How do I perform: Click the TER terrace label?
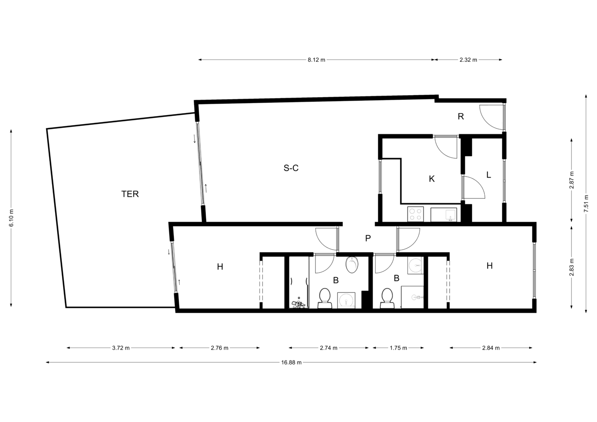130,194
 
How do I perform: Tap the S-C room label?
291,168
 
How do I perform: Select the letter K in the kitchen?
432,179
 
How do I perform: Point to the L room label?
489,175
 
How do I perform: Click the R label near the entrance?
461,116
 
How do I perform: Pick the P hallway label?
368,238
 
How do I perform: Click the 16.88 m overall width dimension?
291,363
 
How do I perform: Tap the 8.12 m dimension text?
316,60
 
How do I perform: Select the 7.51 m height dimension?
586,204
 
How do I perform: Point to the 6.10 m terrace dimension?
11,218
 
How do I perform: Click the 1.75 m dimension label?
398,348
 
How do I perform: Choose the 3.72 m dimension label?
121,348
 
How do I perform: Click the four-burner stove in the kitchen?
416,214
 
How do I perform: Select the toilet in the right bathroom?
387,299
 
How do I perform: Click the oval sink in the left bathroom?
352,265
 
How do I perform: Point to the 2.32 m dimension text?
468,60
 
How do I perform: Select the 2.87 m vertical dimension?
571,180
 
